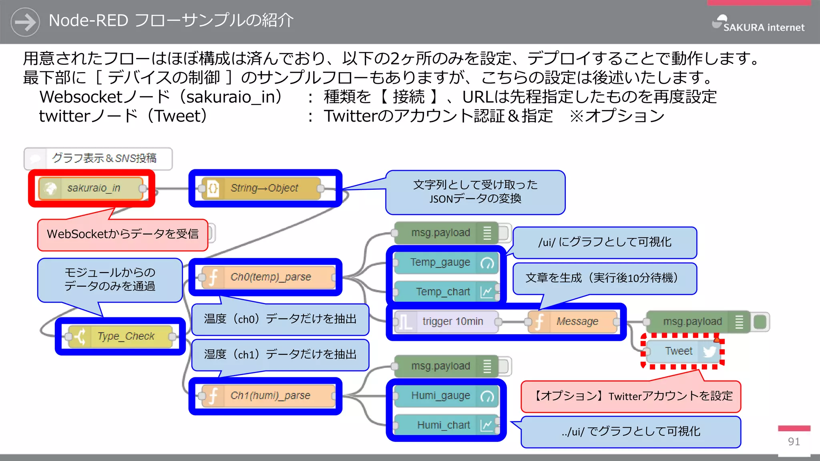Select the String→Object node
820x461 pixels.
pyautogui.click(x=263, y=188)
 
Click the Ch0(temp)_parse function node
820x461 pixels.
pyautogui.click(x=268, y=277)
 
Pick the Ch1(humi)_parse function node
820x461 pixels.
pyautogui.click(x=268, y=395)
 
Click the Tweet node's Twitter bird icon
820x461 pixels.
pyautogui.click(x=709, y=351)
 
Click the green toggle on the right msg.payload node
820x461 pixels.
pyautogui.click(x=760, y=321)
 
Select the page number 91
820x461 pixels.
pyautogui.click(x=794, y=441)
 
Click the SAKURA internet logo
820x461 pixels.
pyautogui.click(x=758, y=24)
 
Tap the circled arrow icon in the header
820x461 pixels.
pyautogui.click(x=25, y=22)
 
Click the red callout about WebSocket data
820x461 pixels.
pyautogui.click(x=123, y=235)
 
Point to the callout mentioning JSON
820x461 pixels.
pyautogui.click(x=475, y=192)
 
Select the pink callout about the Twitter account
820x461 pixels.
pyautogui.click(x=631, y=396)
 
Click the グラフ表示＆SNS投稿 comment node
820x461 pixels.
pyautogui.click(x=98, y=158)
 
